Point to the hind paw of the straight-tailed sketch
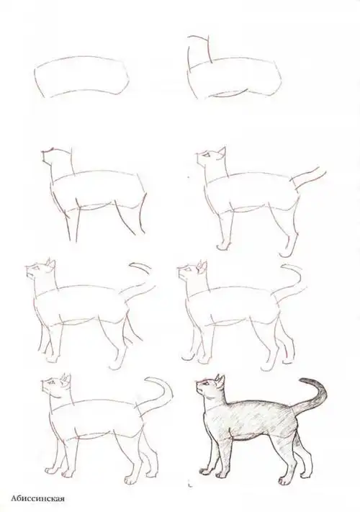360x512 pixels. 286,252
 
